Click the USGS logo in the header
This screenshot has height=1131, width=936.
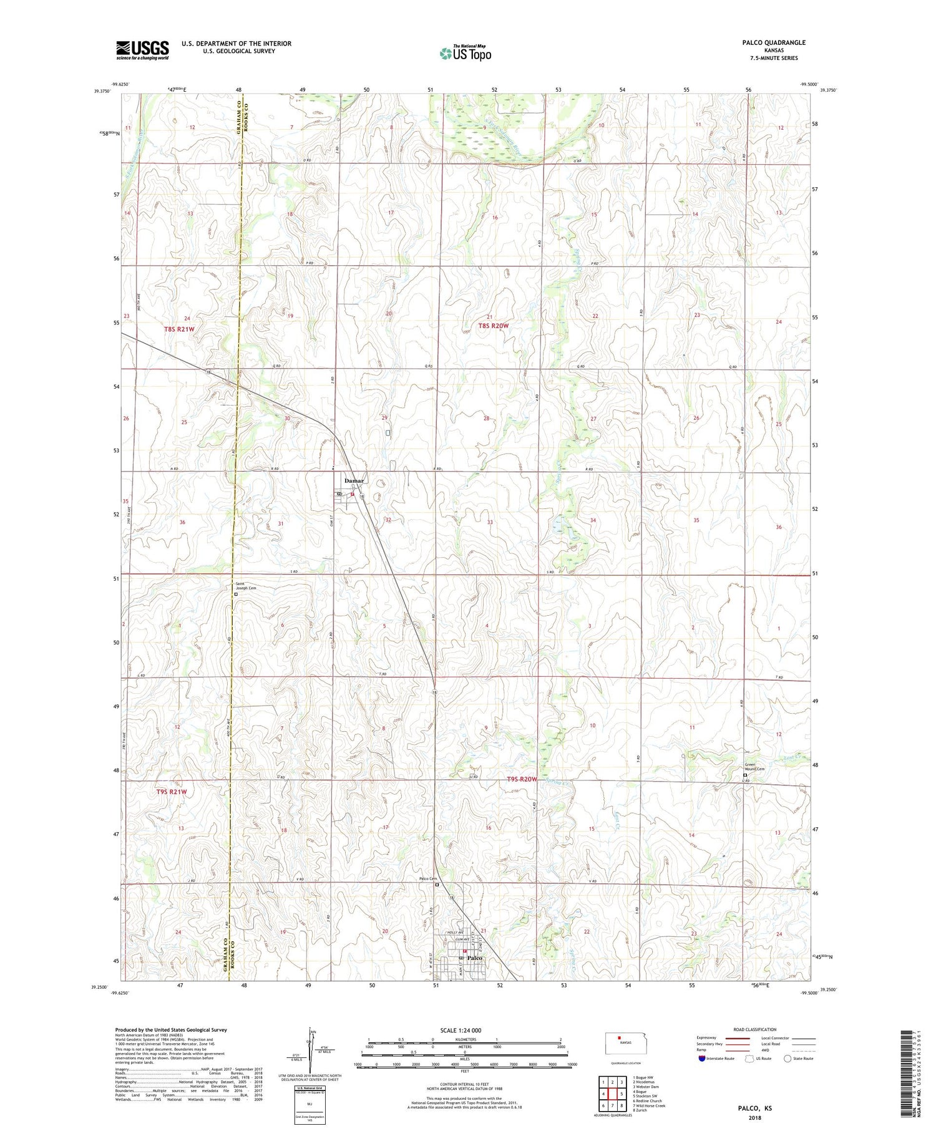click(142, 50)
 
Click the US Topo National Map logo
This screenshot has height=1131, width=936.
click(465, 54)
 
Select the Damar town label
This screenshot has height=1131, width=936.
click(354, 481)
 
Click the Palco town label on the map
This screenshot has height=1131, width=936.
click(475, 958)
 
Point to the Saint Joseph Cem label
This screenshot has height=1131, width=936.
click(245, 586)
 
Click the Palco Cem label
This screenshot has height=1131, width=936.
click(428, 879)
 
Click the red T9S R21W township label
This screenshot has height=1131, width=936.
click(171, 792)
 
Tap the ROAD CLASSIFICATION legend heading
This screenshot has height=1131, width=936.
click(755, 1029)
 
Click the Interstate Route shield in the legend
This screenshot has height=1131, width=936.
click(702, 1059)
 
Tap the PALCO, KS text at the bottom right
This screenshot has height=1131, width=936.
click(755, 1108)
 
